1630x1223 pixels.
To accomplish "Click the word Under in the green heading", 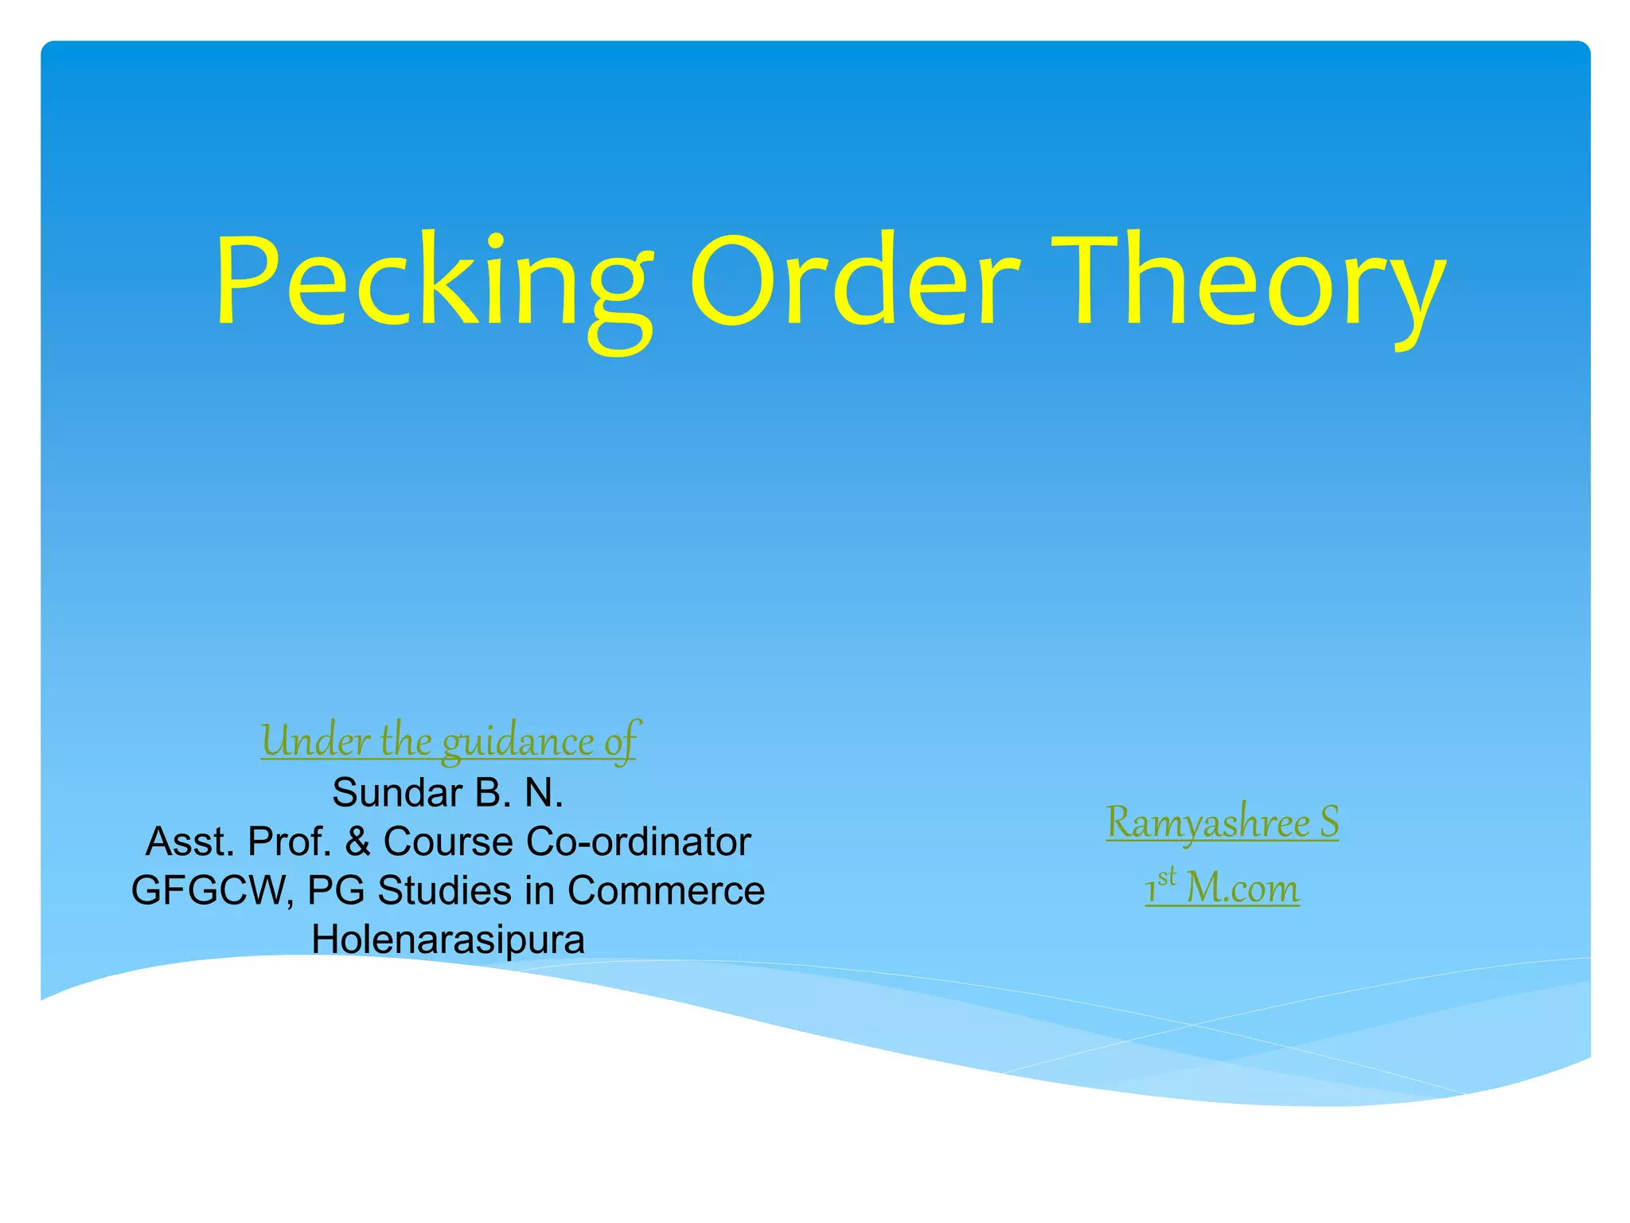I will tap(315, 740).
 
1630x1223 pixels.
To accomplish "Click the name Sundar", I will tap(397, 793).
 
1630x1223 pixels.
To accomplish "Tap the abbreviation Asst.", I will tap(190, 842).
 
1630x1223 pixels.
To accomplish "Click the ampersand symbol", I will tap(357, 842).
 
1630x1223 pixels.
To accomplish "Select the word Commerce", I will tap(665, 890).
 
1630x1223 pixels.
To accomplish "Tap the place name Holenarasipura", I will tap(448, 940).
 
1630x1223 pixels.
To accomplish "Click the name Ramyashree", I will tap(1207, 822).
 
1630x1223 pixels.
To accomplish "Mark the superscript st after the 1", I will tap(1167, 877).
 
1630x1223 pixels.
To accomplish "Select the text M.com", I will tap(1242, 888).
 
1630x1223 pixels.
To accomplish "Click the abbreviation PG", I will tap(335, 891).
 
